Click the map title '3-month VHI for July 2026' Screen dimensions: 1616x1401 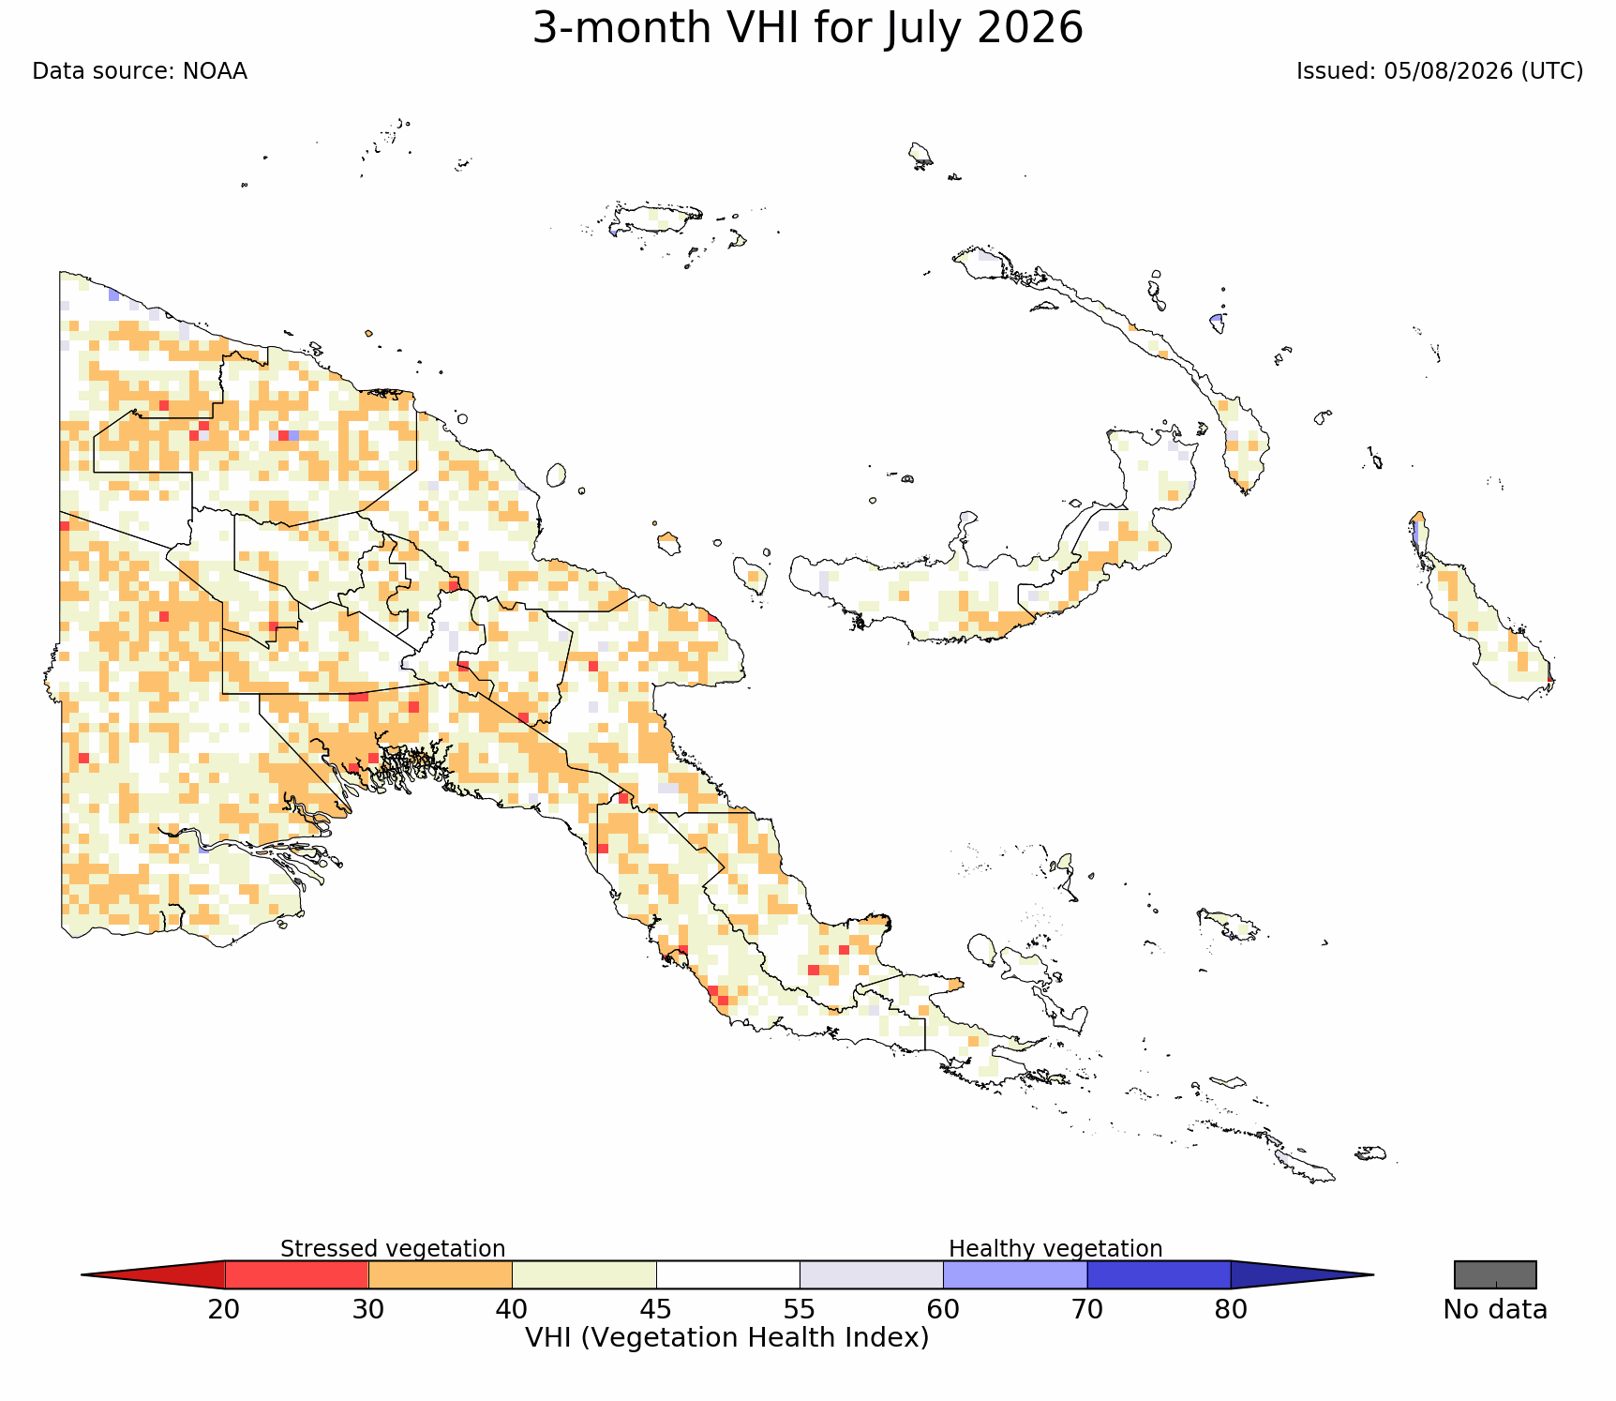point(808,28)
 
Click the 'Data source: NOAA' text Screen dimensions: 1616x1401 point(140,71)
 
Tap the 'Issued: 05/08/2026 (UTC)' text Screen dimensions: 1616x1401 point(1440,71)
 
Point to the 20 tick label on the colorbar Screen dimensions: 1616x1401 point(224,1309)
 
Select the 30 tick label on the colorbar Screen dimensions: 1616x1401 point(368,1309)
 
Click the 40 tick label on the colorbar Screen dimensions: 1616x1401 point(512,1309)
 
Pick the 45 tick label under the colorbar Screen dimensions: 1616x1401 point(656,1309)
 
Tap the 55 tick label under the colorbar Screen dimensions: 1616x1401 point(800,1309)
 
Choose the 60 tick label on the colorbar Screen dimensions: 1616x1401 point(943,1309)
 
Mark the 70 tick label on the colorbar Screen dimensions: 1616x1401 point(1087,1309)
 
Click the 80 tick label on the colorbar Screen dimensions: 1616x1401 point(1231,1309)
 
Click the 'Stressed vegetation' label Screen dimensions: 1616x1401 point(393,1248)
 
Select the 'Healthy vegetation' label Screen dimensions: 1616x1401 point(1055,1248)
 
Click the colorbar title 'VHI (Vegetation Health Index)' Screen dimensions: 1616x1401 point(727,1337)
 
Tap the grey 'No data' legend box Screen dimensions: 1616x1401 point(1495,1274)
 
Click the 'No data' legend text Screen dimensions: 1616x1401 point(1495,1309)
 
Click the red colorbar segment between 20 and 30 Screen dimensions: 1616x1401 point(296,1274)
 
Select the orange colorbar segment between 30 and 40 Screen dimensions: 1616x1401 point(441,1274)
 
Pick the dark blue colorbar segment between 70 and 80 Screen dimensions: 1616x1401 point(1159,1274)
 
